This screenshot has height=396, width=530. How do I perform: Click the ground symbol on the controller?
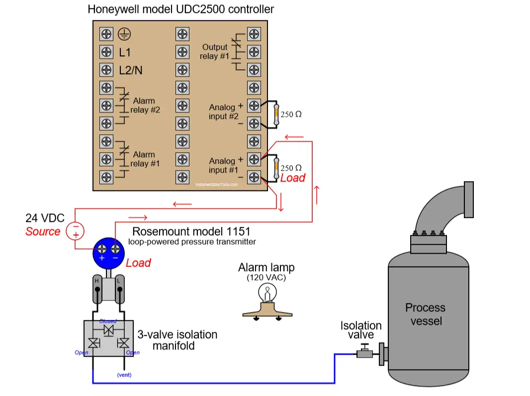tap(124, 34)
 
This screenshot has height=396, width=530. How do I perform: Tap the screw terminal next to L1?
tap(106, 52)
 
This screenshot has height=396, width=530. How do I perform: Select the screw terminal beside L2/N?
tap(106, 70)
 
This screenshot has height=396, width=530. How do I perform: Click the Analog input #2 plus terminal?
tap(254, 105)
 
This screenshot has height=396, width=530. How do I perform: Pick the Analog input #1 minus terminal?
tap(254, 177)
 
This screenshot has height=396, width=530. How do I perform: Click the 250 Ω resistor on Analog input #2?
tap(276, 114)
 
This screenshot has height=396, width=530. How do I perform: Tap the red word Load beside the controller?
tap(293, 178)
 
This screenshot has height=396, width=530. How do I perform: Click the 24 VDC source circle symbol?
tap(75, 231)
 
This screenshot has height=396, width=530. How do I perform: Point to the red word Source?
tap(43, 232)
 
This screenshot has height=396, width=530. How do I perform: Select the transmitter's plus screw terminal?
tap(102, 249)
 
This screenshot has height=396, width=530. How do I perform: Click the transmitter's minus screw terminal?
tap(115, 249)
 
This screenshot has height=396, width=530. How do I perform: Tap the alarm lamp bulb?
tap(267, 293)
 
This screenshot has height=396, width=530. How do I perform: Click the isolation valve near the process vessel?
tap(365, 352)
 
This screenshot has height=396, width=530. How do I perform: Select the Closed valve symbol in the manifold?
tap(108, 330)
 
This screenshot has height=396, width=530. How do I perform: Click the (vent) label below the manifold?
tap(124, 375)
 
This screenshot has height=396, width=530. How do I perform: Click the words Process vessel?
tap(426, 314)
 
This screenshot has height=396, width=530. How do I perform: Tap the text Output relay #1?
tap(214, 51)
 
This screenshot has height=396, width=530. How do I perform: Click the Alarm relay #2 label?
tap(145, 105)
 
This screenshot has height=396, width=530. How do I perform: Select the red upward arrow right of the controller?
tap(317, 195)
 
